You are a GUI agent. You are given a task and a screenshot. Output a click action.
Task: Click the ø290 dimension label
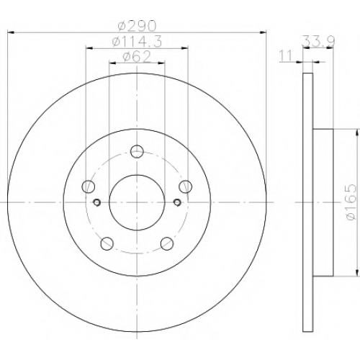coord(137,26)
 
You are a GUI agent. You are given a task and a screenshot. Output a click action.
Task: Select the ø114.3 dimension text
coord(137,41)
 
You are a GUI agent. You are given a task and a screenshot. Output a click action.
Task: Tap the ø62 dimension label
coord(137,57)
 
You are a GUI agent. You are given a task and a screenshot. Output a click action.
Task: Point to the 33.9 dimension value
coord(319,41)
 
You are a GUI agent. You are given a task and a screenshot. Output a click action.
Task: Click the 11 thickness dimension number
coord(285,55)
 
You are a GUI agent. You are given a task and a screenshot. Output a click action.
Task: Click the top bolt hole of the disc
coord(137,151)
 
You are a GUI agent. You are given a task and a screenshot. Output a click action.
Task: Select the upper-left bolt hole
coord(89,186)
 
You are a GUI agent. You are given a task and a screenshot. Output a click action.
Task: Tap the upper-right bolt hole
coord(186,186)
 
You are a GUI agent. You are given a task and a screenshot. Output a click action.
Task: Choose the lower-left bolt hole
coord(107,243)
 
